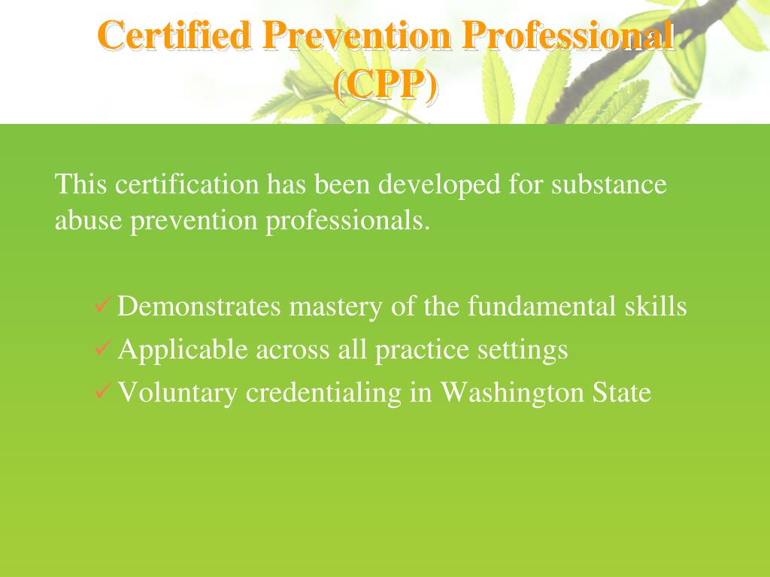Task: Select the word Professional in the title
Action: pyautogui.click(x=569, y=36)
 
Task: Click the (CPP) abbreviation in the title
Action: pyautogui.click(x=385, y=86)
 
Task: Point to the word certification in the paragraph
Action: pyautogui.click(x=188, y=184)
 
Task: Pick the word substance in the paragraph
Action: pyautogui.click(x=609, y=184)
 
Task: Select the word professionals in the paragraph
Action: pyautogui.click(x=348, y=221)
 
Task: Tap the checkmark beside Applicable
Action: pyautogui.click(x=103, y=349)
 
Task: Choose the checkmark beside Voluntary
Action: pyautogui.click(x=103, y=391)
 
